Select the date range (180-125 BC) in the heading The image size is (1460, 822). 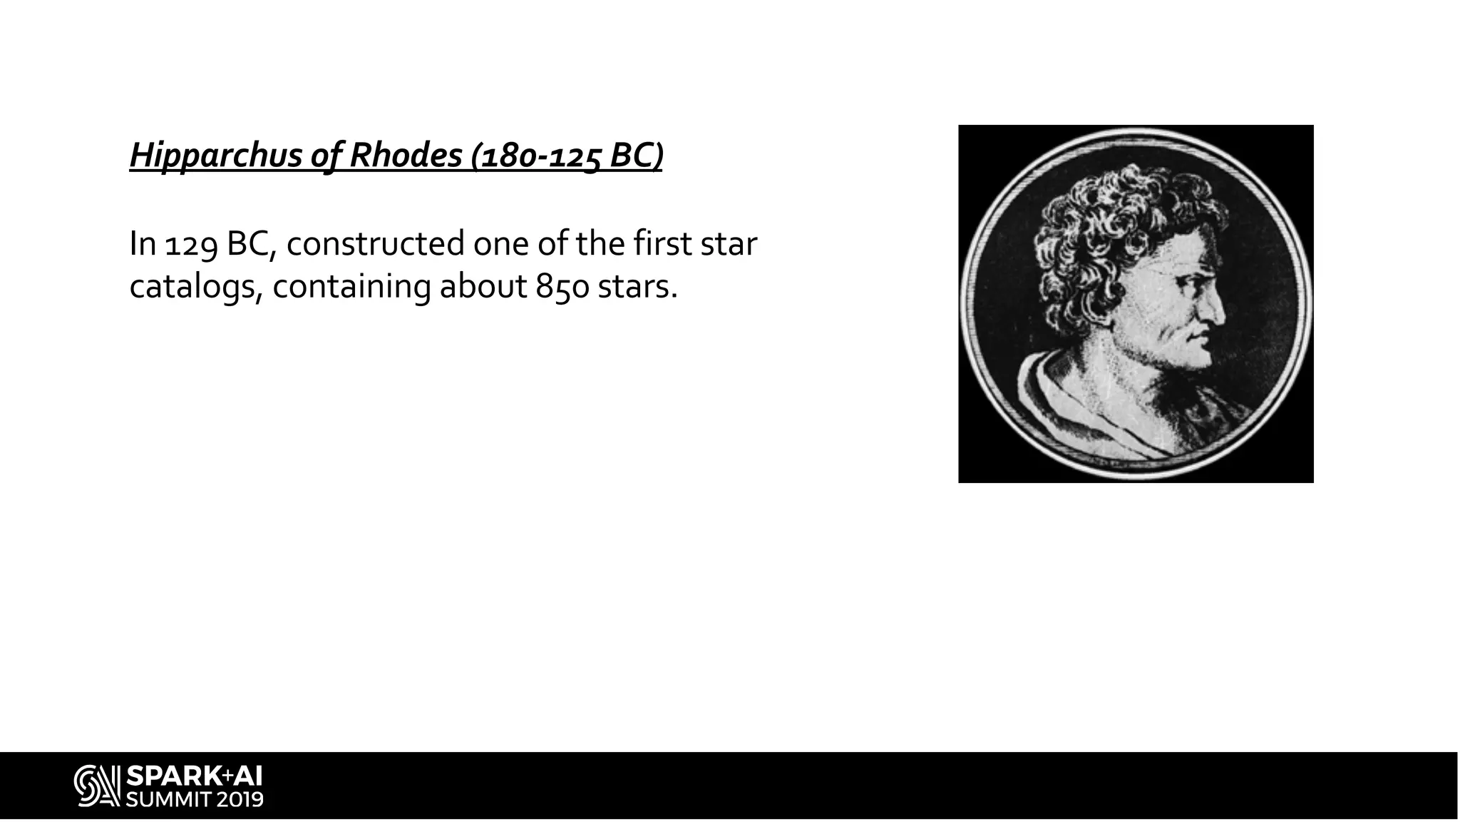tap(567, 156)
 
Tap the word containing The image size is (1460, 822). tap(351, 288)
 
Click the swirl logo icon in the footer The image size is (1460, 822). tap(97, 786)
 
